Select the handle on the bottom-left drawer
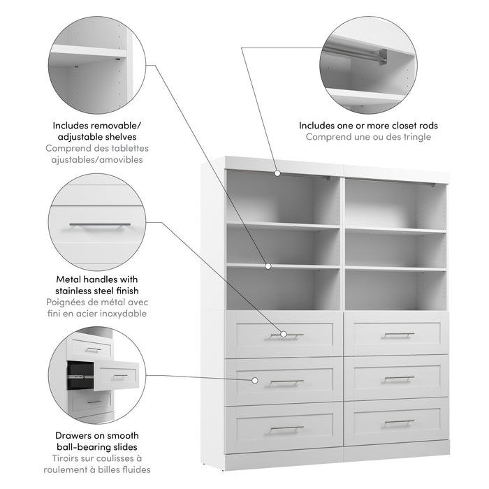[x=286, y=428]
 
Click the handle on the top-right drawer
[x=398, y=334]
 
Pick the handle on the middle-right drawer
[x=398, y=378]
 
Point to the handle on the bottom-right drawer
[x=398, y=422]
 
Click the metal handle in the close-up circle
[x=99, y=225]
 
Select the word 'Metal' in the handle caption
[x=66, y=279]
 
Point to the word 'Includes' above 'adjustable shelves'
[x=71, y=126]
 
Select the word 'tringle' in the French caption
[x=416, y=137]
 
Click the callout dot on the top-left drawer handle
[x=284, y=335]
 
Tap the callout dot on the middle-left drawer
[x=255, y=381]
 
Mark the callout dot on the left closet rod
[x=277, y=173]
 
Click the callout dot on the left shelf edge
[x=268, y=266]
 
